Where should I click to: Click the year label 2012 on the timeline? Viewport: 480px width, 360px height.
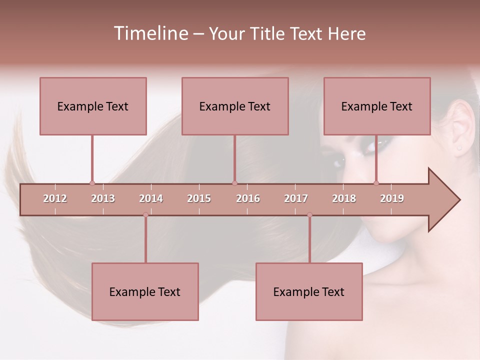55,198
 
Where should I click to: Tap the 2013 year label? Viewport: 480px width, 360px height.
103,198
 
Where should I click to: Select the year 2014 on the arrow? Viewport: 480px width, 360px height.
151,198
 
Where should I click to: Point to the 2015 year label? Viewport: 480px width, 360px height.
199,198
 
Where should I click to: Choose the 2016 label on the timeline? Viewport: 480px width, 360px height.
248,198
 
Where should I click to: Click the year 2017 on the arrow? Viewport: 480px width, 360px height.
296,198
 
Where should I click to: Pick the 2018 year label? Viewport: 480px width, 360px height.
344,198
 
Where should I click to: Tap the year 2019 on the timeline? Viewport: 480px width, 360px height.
392,198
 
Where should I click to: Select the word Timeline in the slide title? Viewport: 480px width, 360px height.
149,33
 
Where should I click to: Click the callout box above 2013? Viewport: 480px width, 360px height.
93,106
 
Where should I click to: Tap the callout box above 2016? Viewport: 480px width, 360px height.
235,106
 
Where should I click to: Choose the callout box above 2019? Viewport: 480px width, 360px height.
377,106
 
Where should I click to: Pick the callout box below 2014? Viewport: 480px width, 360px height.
145,291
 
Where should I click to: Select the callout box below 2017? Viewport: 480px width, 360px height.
309,291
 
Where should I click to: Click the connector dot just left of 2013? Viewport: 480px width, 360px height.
92,183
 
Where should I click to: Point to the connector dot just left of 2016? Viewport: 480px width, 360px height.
234,183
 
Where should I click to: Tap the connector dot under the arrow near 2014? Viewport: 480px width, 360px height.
145,215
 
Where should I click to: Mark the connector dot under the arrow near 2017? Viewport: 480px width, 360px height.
309,215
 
